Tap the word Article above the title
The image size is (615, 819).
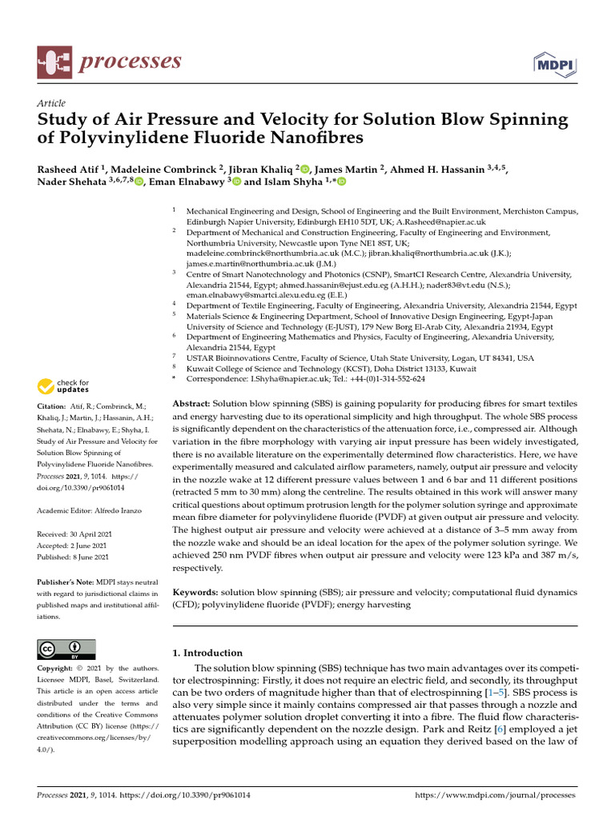(50, 104)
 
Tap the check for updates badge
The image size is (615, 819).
(65, 388)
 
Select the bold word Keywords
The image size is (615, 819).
(195, 592)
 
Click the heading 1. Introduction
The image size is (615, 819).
(207, 653)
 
